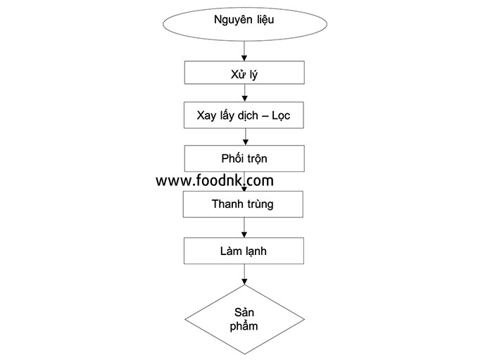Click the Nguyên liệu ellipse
245,24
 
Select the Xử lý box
244,73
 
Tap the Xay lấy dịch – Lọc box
244,115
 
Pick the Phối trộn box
244,159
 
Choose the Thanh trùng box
243,204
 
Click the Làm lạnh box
244,251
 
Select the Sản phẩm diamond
245,319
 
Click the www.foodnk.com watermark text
215,180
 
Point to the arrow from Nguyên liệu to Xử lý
244,51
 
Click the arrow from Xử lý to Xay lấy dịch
245,93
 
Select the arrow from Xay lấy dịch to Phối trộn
246,137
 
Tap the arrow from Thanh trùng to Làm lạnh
244,228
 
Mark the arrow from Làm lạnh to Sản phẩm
244,274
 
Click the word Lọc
281,116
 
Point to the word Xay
206,116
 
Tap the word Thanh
225,204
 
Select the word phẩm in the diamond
244,326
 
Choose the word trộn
256,159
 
